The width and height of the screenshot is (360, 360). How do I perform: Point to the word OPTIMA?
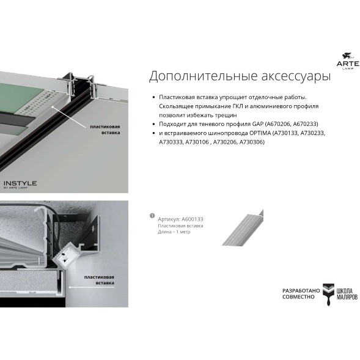click(x=258, y=133)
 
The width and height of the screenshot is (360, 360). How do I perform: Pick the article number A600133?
click(x=191, y=218)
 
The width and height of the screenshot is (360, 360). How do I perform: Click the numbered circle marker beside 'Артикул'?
click(x=152, y=216)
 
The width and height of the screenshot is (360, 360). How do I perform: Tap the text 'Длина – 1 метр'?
click(x=174, y=232)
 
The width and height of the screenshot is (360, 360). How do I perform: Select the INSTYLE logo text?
click(x=20, y=183)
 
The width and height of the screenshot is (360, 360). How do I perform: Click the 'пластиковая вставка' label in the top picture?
click(x=105, y=128)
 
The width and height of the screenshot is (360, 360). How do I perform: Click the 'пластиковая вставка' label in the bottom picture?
click(x=98, y=281)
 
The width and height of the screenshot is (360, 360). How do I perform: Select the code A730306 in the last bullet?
click(x=251, y=142)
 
